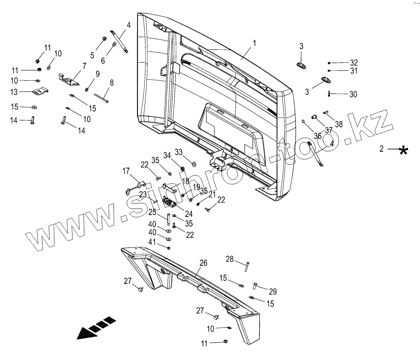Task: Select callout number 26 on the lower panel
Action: coord(203,263)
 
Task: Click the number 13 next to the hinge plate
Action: coord(14,92)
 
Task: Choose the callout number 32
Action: coord(354,63)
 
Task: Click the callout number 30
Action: coord(353,94)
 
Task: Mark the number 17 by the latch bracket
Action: coord(126,171)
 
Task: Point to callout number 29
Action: coord(272,291)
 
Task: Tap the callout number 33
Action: coord(178,152)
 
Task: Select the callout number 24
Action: coord(189,214)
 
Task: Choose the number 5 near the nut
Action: coord(92,56)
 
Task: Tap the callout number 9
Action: coord(97,74)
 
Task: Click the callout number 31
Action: coord(354,71)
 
